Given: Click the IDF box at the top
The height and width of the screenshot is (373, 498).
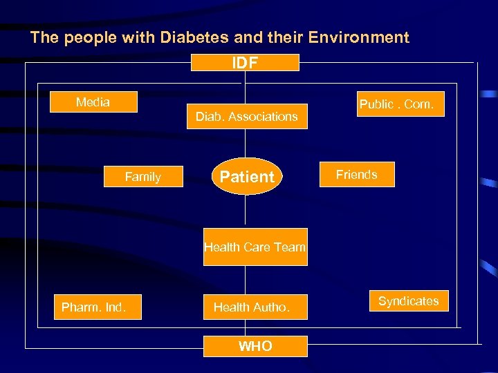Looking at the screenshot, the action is pos(245,63).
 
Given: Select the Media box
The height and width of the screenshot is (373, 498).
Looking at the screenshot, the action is pos(93,102).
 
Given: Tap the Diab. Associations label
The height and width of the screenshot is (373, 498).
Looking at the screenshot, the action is pos(247,117).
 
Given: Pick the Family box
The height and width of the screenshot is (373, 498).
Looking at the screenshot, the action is pos(143,177).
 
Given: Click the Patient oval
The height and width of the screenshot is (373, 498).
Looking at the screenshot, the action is pos(247,177).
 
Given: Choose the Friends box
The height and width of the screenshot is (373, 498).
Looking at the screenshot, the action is pos(357,175).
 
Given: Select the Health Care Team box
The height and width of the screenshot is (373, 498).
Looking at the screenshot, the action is pos(255,247).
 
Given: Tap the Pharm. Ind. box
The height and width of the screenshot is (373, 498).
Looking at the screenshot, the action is pos(97,307).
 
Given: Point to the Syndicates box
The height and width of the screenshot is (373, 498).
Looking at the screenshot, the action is pos(409,301).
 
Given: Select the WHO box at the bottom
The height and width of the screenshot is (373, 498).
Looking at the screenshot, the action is pos(255,346).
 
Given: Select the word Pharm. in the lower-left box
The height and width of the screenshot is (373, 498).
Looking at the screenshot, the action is pos(80,307).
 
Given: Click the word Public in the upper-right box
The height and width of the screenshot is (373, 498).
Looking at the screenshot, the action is pos(376,104).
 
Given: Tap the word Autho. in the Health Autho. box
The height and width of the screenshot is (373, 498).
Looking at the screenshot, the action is pos(272,307).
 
